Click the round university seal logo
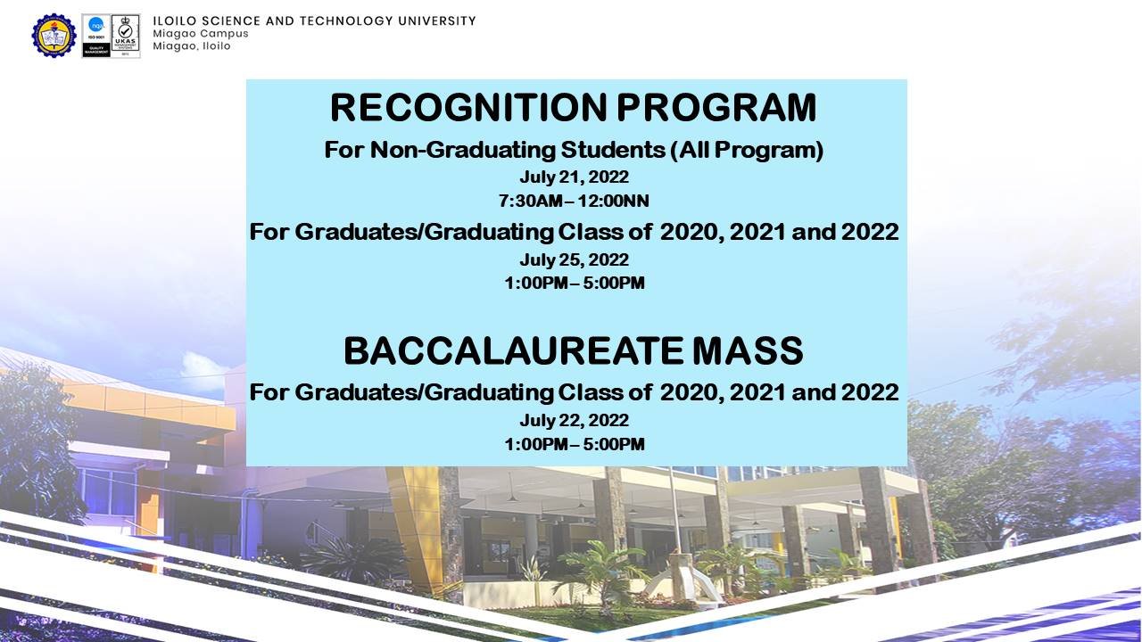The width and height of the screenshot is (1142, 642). (54, 35)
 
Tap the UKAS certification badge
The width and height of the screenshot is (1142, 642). (126, 36)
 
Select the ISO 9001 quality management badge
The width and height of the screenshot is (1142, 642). (96, 36)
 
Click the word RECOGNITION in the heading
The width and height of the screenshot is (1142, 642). (468, 108)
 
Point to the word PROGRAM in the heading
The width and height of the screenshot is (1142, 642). (716, 108)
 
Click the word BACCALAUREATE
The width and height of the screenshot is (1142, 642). (513, 350)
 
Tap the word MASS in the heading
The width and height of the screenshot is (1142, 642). (748, 350)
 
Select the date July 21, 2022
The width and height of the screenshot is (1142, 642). (574, 177)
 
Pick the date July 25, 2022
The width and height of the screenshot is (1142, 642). (574, 259)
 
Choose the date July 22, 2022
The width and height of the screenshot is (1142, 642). (574, 420)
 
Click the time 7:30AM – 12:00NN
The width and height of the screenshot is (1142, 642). (574, 201)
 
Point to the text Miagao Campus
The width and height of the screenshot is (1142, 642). (201, 34)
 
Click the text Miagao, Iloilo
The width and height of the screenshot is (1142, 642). (192, 46)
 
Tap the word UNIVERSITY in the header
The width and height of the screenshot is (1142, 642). (437, 21)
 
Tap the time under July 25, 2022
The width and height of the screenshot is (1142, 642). (575, 283)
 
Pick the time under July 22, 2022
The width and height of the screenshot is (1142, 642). (575, 444)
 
